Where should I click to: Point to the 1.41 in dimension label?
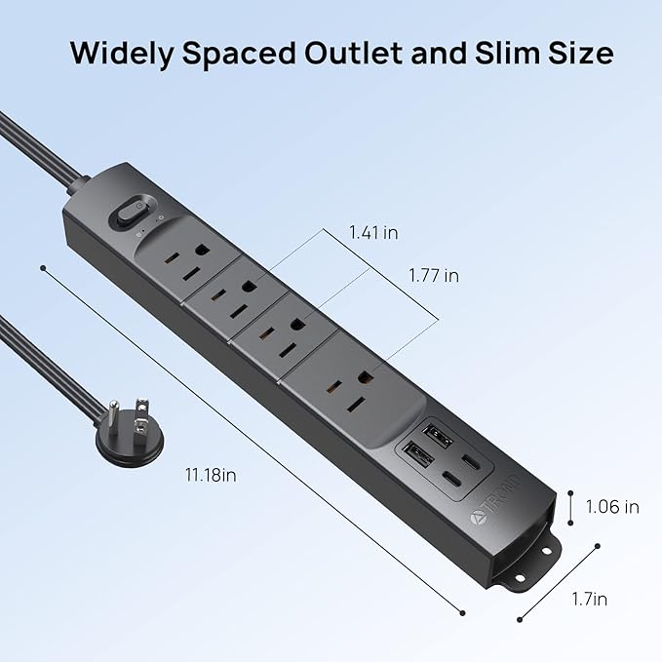coord(373,233)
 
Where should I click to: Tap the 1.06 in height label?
coord(612,506)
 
